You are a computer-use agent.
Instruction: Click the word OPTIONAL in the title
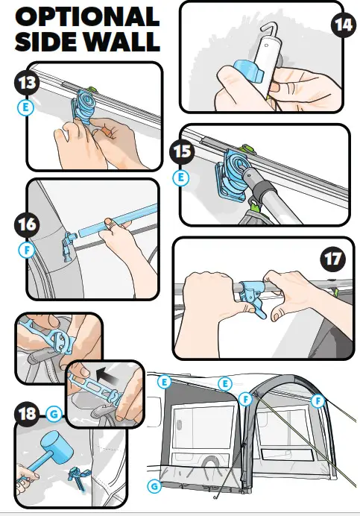click(87, 16)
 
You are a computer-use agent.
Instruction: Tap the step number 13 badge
click(27, 83)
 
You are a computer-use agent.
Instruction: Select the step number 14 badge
click(344, 25)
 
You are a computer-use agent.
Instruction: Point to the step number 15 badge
click(182, 151)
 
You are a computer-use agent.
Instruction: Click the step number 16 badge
click(27, 224)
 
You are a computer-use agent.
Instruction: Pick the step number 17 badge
click(333, 259)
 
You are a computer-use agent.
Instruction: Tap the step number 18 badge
click(27, 414)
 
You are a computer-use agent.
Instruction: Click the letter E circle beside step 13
click(25, 107)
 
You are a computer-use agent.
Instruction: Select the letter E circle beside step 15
click(181, 177)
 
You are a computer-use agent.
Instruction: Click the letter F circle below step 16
click(27, 251)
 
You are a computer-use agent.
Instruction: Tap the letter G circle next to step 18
click(54, 414)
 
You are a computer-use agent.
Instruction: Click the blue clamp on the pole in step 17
click(252, 296)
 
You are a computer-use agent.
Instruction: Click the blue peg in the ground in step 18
click(77, 480)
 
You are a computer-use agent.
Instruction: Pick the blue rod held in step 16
click(119, 221)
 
